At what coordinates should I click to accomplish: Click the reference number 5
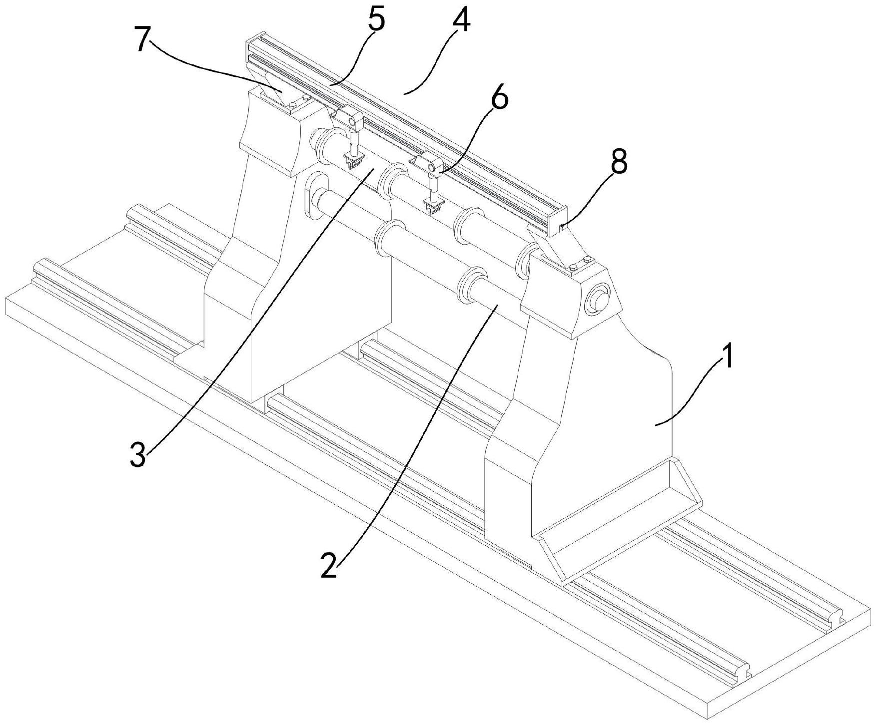pos(376,20)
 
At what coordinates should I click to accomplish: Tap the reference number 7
pos(142,41)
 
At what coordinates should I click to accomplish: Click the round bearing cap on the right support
pos(598,300)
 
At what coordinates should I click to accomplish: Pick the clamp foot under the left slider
pos(354,161)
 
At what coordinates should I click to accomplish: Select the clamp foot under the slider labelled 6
pos(433,206)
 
